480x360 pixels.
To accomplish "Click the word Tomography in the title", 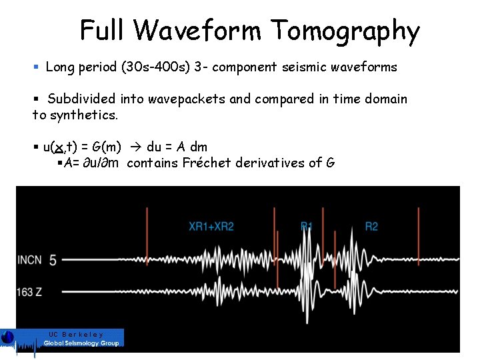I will [x=345, y=31].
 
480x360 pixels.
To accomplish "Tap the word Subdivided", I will [x=81, y=99].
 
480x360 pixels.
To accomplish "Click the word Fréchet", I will [x=211, y=163].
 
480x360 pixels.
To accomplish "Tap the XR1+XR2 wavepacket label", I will [x=211, y=227].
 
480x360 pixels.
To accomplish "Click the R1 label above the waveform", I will [x=307, y=227].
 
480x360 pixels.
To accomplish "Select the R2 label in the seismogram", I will [x=371, y=227].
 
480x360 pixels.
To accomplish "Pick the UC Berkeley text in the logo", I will [x=76, y=334].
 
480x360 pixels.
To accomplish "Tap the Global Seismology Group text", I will [x=81, y=343].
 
